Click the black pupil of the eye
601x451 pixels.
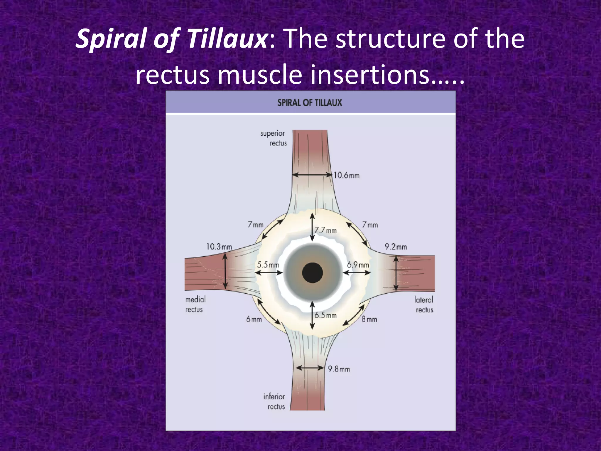pos(312,273)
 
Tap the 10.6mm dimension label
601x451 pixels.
pos(346,176)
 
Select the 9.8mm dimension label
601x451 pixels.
pos(339,369)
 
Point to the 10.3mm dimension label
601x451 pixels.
pos(219,247)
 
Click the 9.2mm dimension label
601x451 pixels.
pos(396,247)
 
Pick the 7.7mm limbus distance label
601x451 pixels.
pos(325,230)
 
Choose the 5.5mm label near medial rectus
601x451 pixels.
pos(268,265)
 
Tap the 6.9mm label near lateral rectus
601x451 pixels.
pos(358,265)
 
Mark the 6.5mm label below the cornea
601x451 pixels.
pos(325,316)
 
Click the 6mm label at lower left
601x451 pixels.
pos(254,319)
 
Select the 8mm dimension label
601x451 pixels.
pos(369,319)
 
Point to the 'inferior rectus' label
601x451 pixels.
pos(274,402)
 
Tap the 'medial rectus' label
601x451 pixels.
pos(195,304)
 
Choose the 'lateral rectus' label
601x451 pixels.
pos(424,305)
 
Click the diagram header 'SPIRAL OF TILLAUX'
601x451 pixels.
pos(310,103)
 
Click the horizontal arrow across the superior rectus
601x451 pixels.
pos(312,175)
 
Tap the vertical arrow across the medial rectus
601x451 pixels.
pos(225,271)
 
